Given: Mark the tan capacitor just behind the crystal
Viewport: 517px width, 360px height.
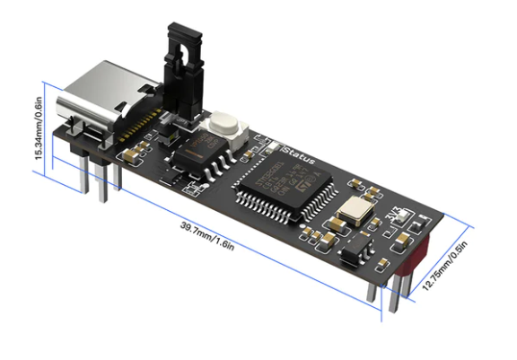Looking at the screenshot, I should pyautogui.click(x=369, y=191).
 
